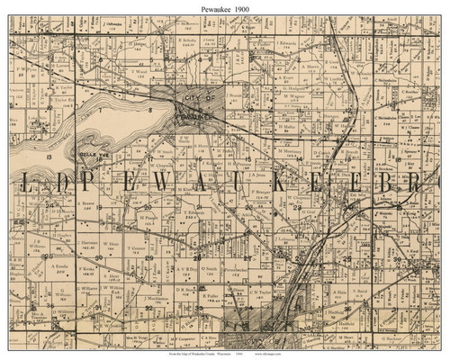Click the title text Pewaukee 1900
pyautogui.click(x=224, y=7)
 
